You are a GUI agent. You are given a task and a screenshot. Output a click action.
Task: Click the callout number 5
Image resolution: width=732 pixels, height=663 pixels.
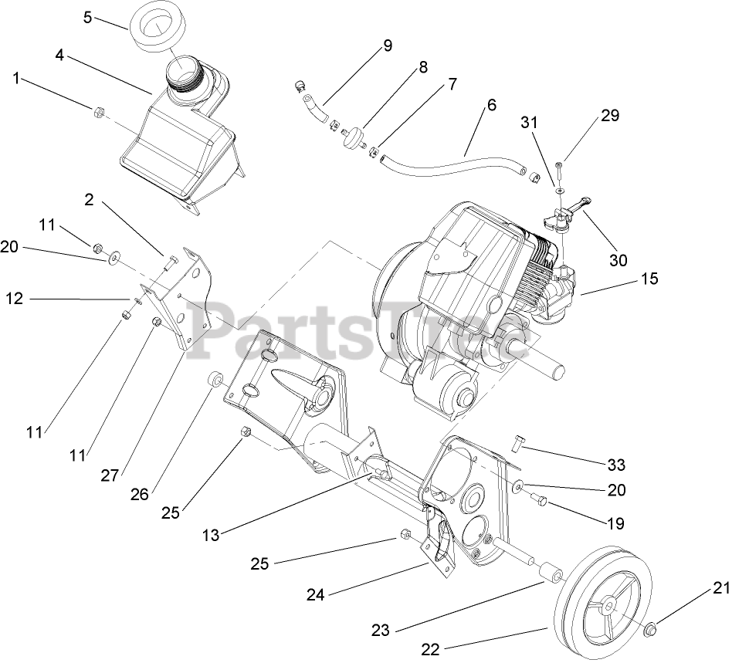[x=88, y=16]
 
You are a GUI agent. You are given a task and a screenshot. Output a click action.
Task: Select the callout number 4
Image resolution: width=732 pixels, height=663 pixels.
[x=59, y=55]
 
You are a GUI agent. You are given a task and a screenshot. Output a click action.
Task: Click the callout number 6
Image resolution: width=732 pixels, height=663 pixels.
[x=491, y=106]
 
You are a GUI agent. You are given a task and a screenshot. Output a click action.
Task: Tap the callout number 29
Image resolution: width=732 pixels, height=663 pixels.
[x=610, y=116]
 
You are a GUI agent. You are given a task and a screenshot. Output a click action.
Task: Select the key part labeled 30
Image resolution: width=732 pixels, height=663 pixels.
[x=579, y=205]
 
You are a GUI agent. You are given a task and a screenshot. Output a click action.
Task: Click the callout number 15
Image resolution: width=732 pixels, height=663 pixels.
[x=649, y=279]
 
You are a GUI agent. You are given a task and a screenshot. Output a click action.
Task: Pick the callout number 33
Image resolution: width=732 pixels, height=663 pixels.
[x=616, y=465]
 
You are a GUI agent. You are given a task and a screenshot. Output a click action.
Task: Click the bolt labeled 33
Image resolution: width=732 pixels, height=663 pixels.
[x=517, y=442]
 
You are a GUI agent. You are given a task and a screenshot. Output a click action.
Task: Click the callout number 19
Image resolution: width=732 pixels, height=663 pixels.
[x=615, y=524]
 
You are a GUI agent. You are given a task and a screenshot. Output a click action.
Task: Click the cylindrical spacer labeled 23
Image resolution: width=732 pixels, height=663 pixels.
[x=552, y=575]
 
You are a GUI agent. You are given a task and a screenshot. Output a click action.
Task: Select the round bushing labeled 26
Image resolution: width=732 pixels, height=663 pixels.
[x=215, y=381]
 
